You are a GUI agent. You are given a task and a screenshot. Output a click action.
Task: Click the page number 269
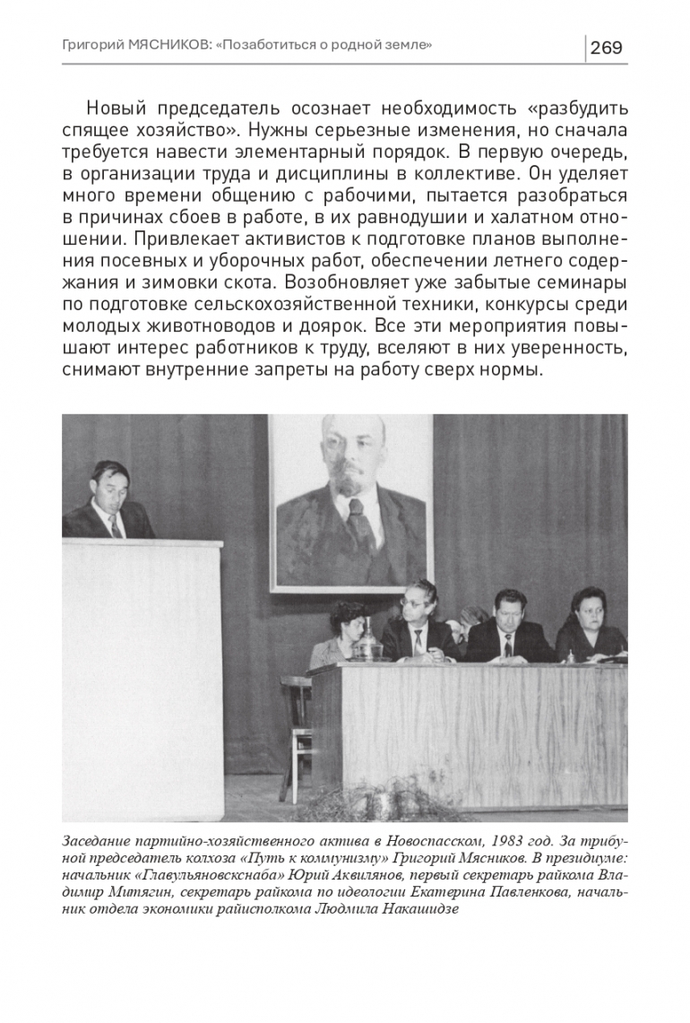[606, 48]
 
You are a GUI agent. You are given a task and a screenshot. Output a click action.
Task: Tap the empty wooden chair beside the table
[296, 735]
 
